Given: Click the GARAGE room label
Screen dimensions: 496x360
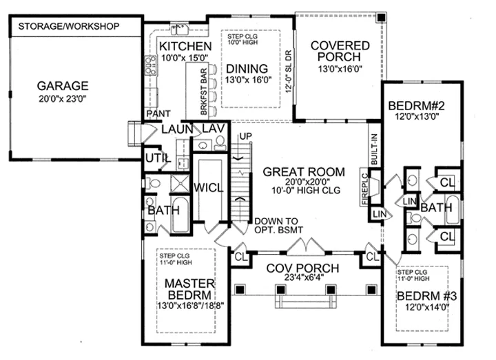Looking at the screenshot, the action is pos(63,86).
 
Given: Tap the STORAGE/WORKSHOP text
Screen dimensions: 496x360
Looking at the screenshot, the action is pos(69,26).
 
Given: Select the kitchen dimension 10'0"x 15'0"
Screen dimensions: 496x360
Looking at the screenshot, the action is pos(185,58).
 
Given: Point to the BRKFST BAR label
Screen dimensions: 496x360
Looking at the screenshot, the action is pos(204,92).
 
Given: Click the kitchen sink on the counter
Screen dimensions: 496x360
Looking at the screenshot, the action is pos(179,30).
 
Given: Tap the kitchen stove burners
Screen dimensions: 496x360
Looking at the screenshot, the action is pos(151,65).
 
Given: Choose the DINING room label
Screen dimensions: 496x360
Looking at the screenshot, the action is pos(247,69).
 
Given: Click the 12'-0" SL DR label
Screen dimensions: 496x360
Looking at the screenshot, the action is pos(288,72).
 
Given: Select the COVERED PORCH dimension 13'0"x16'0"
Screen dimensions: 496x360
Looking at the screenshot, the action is pos(340,69).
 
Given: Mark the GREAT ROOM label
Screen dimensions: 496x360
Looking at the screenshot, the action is pos(304,172).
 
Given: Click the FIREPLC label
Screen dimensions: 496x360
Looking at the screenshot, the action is pos(364,189).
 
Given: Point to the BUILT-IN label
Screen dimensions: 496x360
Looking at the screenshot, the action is pos(374,149).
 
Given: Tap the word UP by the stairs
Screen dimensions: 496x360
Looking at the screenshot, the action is pos(246,136).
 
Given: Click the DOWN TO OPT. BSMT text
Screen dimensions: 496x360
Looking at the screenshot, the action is pos(278,226).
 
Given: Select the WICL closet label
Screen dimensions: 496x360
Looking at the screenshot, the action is pos(209,188).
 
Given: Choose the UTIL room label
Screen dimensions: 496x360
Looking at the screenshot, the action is pos(158,158).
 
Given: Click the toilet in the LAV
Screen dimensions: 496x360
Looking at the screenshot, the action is pos(220,142).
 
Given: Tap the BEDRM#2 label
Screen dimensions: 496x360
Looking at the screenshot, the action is pos(417,105).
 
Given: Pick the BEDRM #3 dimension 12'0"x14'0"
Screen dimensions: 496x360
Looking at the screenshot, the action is pos(427,307).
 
